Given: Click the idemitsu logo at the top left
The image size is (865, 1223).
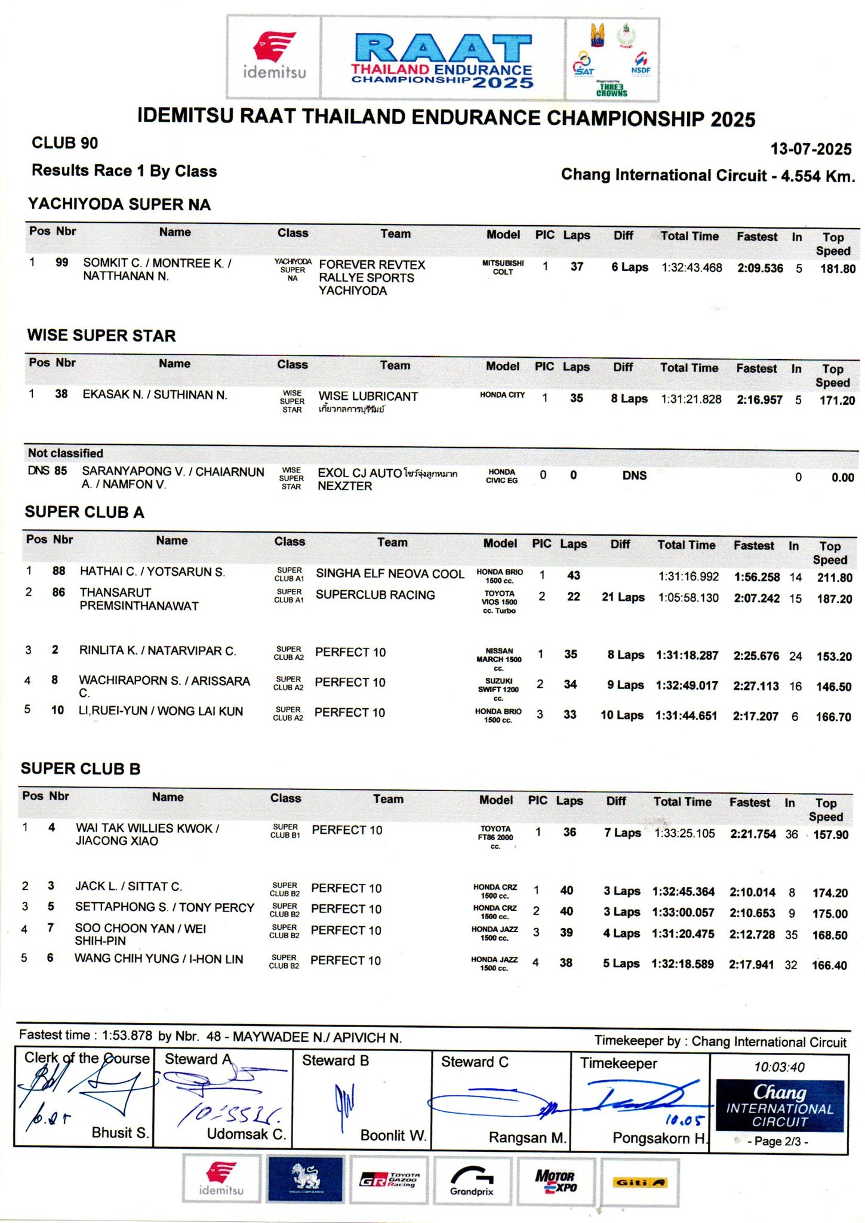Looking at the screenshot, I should [274, 57].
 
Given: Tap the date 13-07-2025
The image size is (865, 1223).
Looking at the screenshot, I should [810, 149].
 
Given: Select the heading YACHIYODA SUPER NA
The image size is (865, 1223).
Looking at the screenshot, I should [119, 205].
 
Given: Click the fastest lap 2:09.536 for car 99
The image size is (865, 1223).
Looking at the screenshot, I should [760, 269].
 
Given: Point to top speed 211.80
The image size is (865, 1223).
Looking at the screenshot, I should [835, 577].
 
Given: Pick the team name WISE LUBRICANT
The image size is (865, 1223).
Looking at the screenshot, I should [368, 397].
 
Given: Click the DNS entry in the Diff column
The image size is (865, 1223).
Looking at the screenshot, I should [634, 475].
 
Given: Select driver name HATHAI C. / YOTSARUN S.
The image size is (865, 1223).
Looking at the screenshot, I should [152, 572].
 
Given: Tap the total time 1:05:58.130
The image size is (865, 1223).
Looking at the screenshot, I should [688, 598].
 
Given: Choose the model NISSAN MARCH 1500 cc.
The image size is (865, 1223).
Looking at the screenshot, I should [498, 659].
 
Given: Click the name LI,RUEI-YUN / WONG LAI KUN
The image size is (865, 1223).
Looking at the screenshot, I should [161, 711].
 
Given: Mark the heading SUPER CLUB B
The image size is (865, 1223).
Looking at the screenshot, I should [81, 769].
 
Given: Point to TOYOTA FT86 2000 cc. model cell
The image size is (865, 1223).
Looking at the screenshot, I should [495, 837].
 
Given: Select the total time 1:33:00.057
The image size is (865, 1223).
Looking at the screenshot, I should [683, 912].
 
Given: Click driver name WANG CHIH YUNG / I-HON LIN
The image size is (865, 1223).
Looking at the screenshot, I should [159, 959].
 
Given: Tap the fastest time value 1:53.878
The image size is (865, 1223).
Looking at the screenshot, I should [127, 1035].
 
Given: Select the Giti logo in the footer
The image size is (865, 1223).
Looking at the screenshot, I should [639, 1182].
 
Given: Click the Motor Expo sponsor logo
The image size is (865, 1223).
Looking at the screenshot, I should [555, 1182].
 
